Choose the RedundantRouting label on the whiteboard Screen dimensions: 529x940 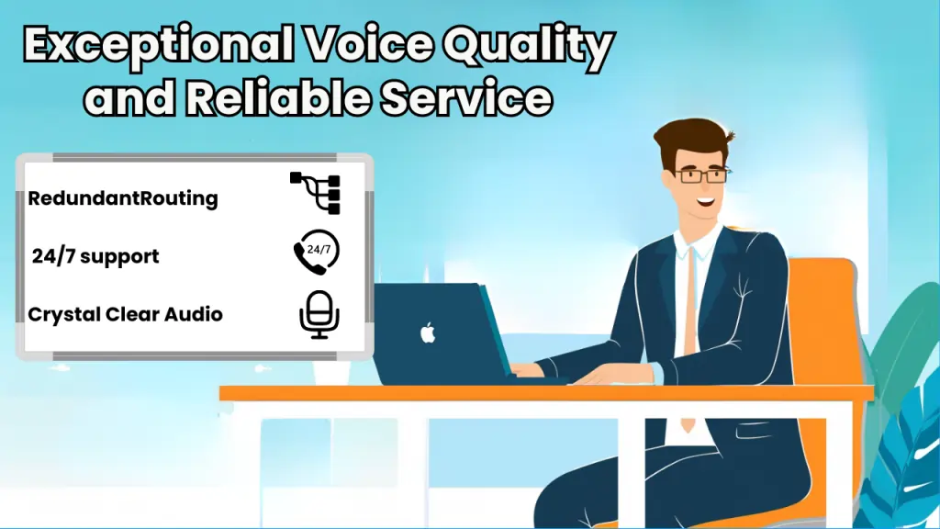(123, 198)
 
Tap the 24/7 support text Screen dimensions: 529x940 (95, 256)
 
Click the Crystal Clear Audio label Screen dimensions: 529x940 (126, 314)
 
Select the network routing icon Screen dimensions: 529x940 (316, 193)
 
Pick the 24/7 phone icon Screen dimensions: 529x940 (316, 253)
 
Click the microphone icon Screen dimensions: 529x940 (319, 314)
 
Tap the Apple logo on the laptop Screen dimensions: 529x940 (428, 332)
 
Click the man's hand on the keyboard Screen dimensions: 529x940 (532, 370)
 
